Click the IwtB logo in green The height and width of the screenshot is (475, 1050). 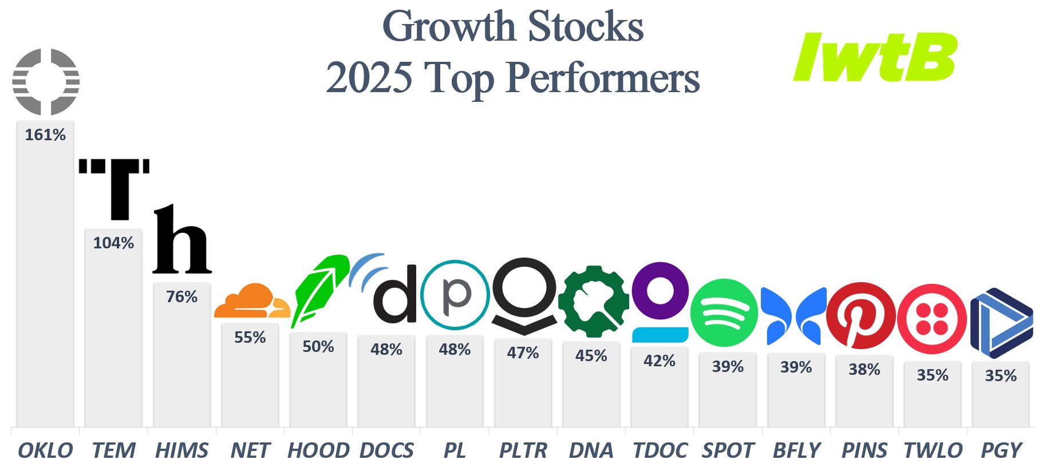pyautogui.click(x=875, y=57)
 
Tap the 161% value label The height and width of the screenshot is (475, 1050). pyautogui.click(x=45, y=135)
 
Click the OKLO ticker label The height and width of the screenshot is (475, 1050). pyautogui.click(x=45, y=450)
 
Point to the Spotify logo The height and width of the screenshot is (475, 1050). pyautogui.click(x=724, y=312)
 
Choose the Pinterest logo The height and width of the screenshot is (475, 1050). pyautogui.click(x=861, y=315)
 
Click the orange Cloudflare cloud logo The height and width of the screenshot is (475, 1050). pyautogui.click(x=252, y=300)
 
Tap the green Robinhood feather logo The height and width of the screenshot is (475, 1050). pyautogui.click(x=321, y=290)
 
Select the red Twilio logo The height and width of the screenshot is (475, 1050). pyautogui.click(x=932, y=318)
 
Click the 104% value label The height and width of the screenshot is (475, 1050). pyautogui.click(x=113, y=243)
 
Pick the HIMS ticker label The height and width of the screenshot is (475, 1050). pyautogui.click(x=182, y=450)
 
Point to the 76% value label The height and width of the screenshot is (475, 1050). pyautogui.click(x=182, y=296)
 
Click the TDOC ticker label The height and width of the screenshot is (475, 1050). pyautogui.click(x=660, y=450)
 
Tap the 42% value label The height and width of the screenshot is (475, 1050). pyautogui.click(x=660, y=361)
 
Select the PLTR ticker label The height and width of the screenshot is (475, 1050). pyautogui.click(x=523, y=450)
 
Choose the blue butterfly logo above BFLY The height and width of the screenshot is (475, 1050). pyautogui.click(x=794, y=316)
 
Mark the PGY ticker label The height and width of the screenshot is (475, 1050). pyautogui.click(x=1001, y=450)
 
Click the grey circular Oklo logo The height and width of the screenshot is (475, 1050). pyautogui.click(x=46, y=82)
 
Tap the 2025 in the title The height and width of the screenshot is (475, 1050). pyautogui.click(x=369, y=77)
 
